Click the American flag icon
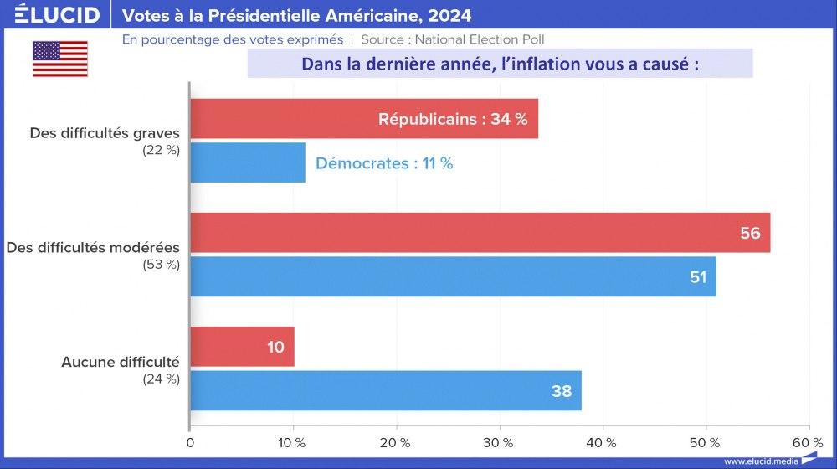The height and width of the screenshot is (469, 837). (x=60, y=59)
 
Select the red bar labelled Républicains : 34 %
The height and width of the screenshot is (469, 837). (x=364, y=119)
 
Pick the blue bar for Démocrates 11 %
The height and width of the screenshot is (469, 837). (x=248, y=163)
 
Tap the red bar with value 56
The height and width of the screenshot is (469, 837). (x=480, y=233)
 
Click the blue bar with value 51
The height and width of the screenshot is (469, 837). (x=453, y=276)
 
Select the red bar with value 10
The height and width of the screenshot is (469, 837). (x=242, y=347)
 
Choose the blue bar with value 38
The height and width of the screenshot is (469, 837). (x=385, y=390)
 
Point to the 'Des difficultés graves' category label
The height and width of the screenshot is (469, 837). (x=105, y=133)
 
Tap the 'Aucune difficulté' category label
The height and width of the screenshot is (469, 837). (x=121, y=362)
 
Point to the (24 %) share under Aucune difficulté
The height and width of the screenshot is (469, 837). (x=162, y=379)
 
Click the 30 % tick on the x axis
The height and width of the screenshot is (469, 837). (x=500, y=442)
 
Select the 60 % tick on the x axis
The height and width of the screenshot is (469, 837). (x=808, y=442)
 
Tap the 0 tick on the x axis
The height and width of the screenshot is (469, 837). (x=191, y=442)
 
